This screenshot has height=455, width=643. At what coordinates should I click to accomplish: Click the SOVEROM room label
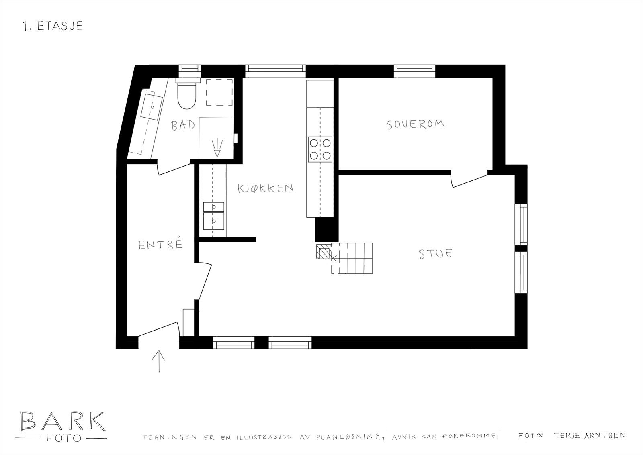pos(416,124)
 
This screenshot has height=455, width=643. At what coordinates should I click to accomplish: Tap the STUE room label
pos(436,254)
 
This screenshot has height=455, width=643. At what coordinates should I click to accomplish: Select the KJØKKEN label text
pos(265,188)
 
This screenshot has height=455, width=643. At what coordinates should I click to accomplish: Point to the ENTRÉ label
pos(161,245)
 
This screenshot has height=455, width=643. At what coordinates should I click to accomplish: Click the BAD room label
pos(183,125)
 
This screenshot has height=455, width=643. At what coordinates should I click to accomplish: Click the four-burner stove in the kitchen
pos(320,149)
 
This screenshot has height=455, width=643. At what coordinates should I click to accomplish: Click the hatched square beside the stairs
pos(323,252)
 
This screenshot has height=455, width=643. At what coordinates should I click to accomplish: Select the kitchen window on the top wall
pos(275,71)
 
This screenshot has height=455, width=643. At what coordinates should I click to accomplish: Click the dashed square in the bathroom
pos(220,92)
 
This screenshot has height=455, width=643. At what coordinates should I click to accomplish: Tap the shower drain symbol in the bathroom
pos(217,148)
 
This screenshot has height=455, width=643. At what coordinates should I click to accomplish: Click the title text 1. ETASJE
pos(53,26)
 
